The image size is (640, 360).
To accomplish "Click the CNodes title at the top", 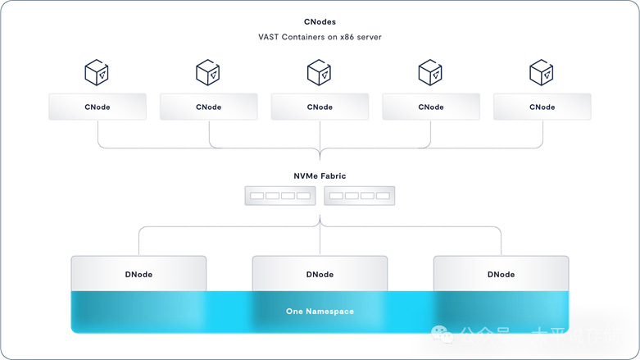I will click(x=320, y=21).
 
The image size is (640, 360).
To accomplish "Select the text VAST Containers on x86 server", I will click(x=320, y=38).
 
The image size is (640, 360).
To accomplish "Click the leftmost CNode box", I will click(x=98, y=107).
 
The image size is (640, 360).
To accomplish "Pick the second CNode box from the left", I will click(x=209, y=107).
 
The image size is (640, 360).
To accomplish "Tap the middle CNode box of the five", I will click(x=320, y=107).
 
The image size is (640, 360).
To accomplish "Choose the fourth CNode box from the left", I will click(x=431, y=107).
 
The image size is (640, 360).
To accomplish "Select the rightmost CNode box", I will click(x=542, y=107).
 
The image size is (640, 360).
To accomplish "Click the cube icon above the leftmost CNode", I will click(x=98, y=72).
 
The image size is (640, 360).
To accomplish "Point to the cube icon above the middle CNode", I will click(x=320, y=72).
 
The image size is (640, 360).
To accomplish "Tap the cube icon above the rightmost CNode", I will click(x=542, y=72).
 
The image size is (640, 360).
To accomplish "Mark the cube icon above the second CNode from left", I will click(x=208, y=72).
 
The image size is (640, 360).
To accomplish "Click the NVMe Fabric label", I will click(x=320, y=175).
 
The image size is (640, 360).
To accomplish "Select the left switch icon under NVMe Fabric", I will click(x=279, y=196).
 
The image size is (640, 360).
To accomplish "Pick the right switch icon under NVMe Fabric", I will click(x=360, y=196).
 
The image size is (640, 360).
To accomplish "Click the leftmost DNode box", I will click(x=138, y=274).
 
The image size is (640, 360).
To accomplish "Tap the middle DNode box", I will click(x=320, y=274).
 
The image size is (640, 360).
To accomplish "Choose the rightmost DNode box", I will click(x=501, y=274).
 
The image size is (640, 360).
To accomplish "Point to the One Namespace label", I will click(x=320, y=312).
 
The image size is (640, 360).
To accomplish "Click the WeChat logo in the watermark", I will click(x=443, y=335).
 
